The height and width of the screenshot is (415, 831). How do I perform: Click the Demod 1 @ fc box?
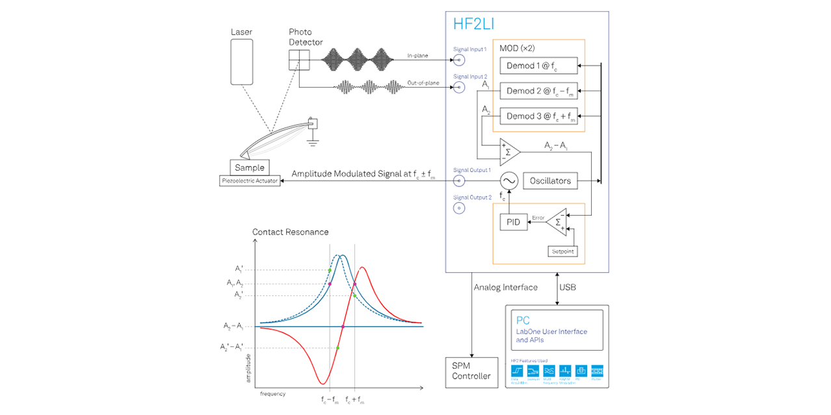pos(538,66)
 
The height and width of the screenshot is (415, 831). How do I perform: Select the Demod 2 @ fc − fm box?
pos(538,91)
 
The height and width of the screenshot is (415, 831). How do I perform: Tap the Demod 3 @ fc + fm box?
pos(538,117)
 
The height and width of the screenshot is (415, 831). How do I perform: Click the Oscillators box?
pos(550,181)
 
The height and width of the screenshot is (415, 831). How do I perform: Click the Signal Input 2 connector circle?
pos(459,87)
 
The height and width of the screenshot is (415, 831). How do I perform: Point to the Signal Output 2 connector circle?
pos(459,208)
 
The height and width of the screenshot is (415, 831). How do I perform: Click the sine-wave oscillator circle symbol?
pos(508,181)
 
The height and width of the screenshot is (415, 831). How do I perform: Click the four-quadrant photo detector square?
pos(299,60)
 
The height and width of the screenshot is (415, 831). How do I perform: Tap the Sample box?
pos(250,168)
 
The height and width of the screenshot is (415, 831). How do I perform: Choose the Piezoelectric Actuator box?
pos(250,181)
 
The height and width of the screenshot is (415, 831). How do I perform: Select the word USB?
pos(568,287)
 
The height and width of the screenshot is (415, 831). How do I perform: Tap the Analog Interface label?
pos(506,287)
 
